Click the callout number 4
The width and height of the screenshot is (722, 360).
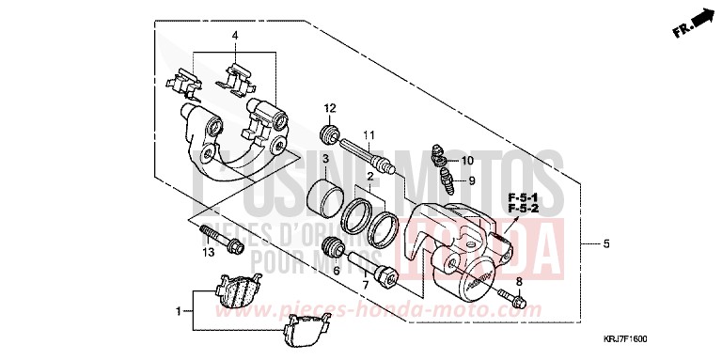coord(235,37)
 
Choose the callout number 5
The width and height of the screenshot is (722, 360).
coord(606,244)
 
